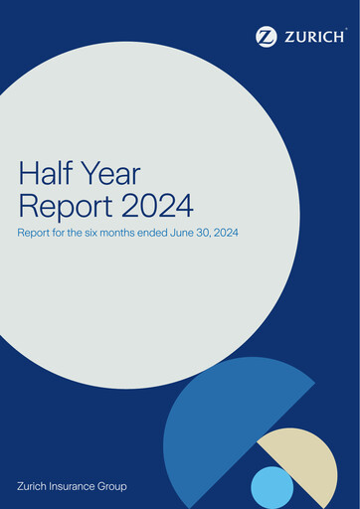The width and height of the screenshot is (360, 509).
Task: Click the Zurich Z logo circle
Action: coord(267,37)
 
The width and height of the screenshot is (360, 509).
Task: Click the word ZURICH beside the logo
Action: coord(313,37)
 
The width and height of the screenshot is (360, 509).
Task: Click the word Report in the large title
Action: coord(59,207)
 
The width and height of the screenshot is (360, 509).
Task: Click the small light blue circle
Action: coord(271,487)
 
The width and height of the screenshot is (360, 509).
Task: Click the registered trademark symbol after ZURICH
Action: coord(345,30)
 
